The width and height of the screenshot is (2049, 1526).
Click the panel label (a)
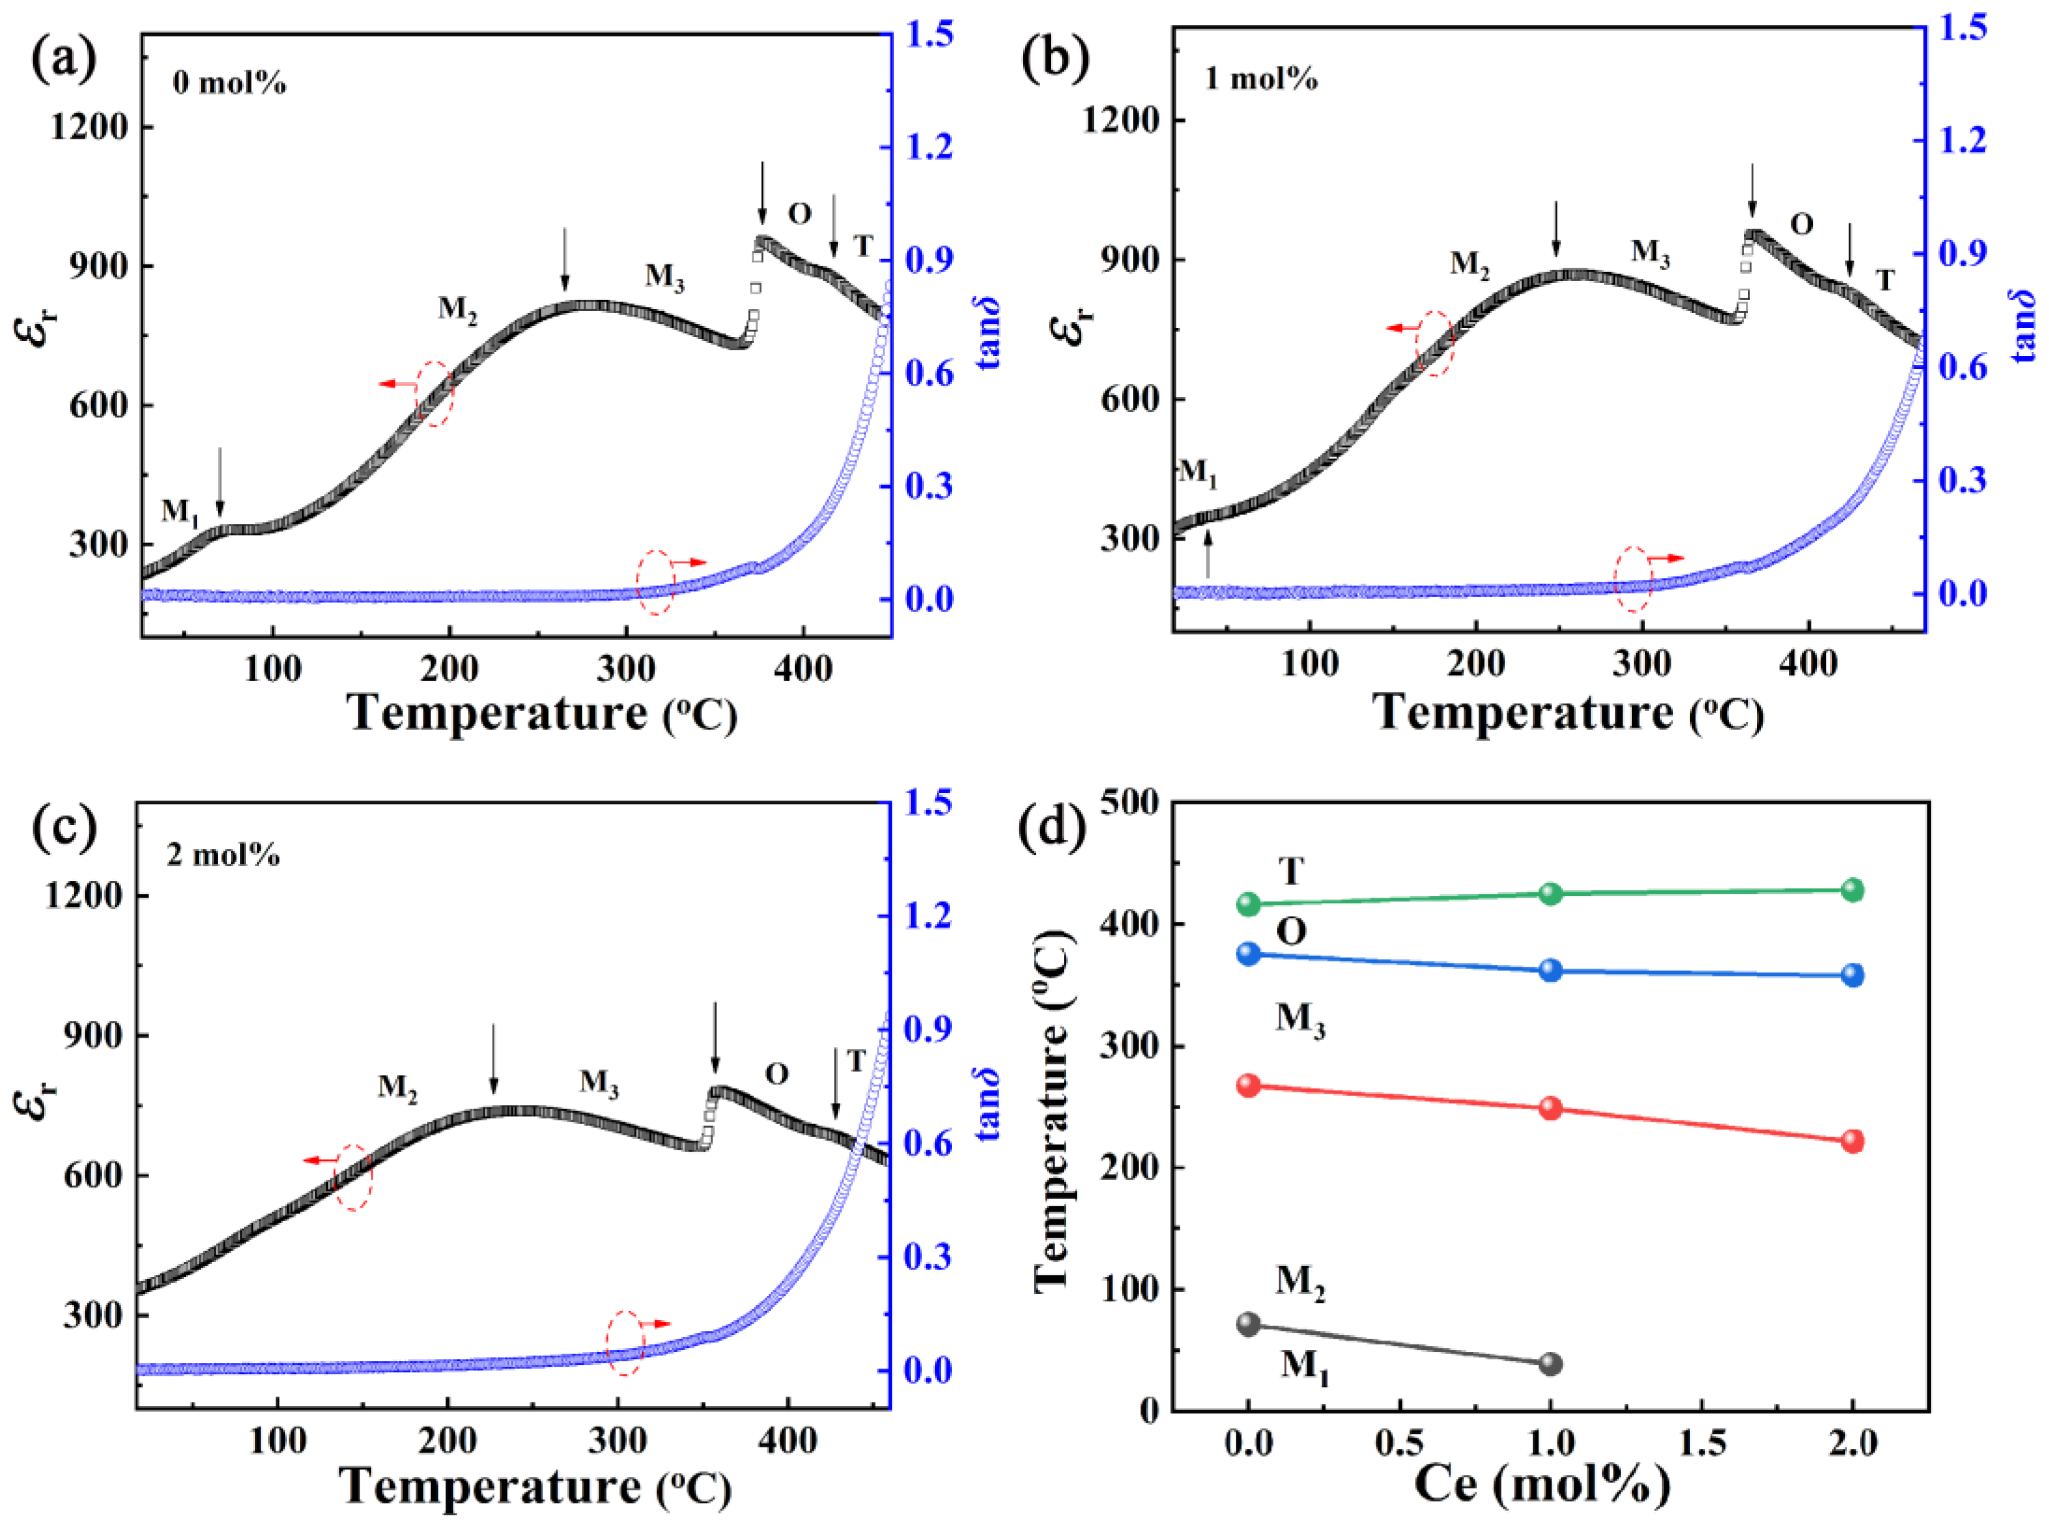63,61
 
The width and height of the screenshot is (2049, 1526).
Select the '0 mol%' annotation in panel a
229,84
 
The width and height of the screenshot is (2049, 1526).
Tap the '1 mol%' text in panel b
1261,80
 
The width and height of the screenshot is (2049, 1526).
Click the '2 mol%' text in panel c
223,855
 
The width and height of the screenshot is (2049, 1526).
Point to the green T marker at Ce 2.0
1852,890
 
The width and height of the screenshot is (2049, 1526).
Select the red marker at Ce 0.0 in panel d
1249,1086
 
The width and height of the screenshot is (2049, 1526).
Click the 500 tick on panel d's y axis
1131,802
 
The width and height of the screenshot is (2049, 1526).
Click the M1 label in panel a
181,512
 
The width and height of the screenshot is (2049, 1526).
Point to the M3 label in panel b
1650,252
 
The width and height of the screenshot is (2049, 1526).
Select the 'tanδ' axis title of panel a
989,333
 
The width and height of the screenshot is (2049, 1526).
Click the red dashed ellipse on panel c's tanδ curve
625,1342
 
